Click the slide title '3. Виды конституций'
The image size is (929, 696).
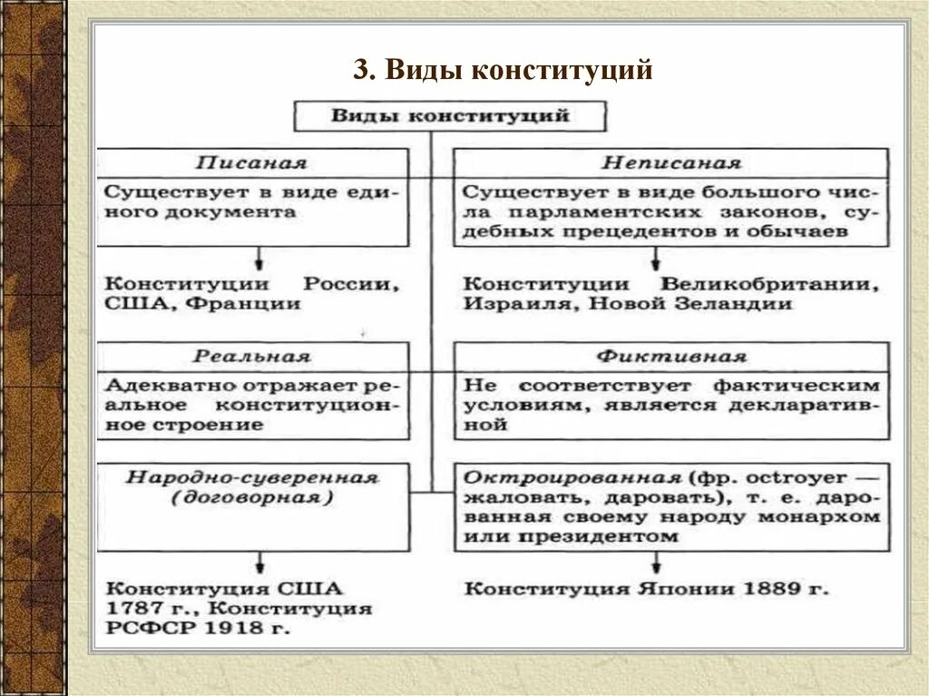[x=503, y=70]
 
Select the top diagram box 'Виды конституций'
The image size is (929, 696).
[x=450, y=116]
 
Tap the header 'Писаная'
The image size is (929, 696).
[x=251, y=164]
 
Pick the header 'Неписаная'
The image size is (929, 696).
[x=671, y=164]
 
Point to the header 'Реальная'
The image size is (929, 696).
[x=251, y=357]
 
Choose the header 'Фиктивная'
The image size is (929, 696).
[x=671, y=357]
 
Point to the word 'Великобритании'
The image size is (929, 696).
[x=769, y=284]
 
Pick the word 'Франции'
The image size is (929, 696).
[x=242, y=304]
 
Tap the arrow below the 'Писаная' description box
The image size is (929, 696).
[x=259, y=256]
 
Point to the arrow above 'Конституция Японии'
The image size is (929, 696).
[x=654, y=562]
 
